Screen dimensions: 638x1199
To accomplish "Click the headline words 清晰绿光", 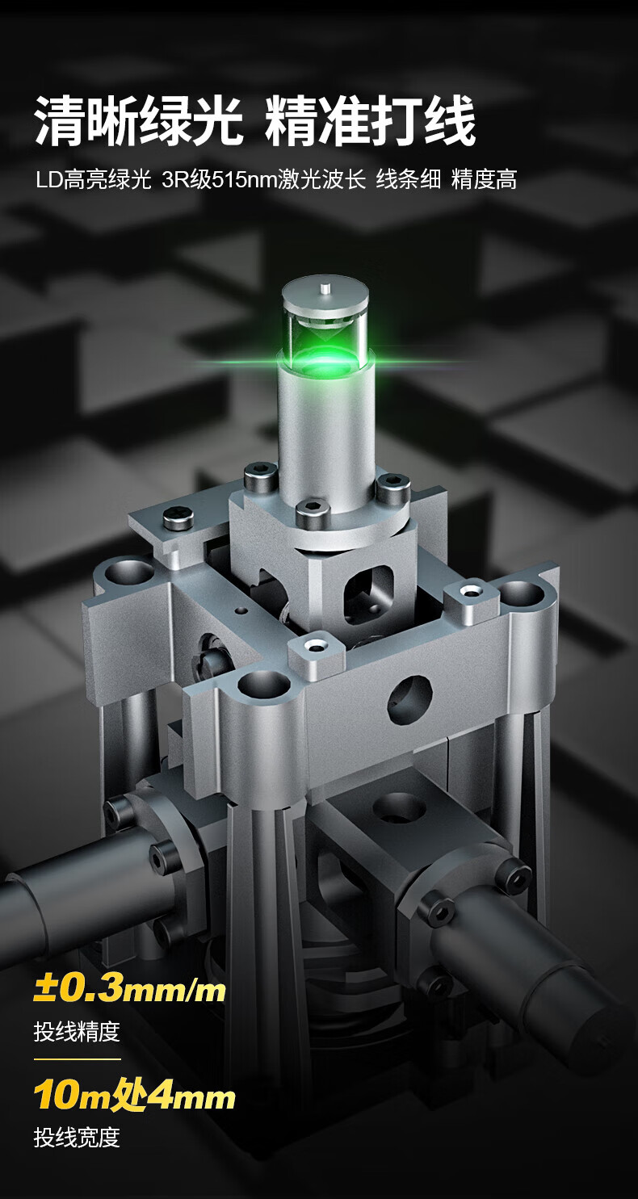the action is click(139, 121).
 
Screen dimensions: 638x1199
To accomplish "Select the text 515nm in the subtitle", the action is click(244, 180).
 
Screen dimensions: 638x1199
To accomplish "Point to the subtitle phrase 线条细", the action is click(409, 180).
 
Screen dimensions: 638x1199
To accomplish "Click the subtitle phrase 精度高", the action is click(484, 180).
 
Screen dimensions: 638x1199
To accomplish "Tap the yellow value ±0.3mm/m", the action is click(129, 989).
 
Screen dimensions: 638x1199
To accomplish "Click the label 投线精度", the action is click(77, 1031).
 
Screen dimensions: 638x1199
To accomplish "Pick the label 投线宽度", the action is click(77, 1137).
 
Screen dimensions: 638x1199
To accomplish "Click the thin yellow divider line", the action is click(78, 1059).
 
